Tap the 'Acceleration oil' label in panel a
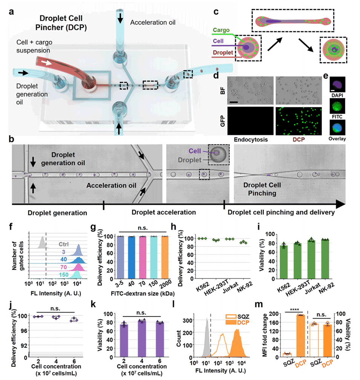[x=153, y=22]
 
